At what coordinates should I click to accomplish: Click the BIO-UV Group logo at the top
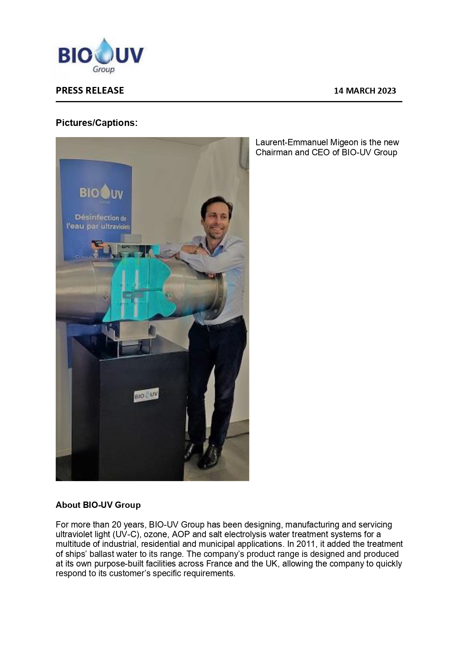point(101,56)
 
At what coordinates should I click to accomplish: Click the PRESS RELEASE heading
point(90,91)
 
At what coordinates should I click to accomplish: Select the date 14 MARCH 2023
point(365,91)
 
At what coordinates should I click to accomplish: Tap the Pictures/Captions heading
point(97,123)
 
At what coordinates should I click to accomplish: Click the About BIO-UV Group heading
point(98,505)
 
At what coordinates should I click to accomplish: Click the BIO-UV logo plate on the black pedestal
point(146,395)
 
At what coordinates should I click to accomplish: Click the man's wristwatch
point(194,251)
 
